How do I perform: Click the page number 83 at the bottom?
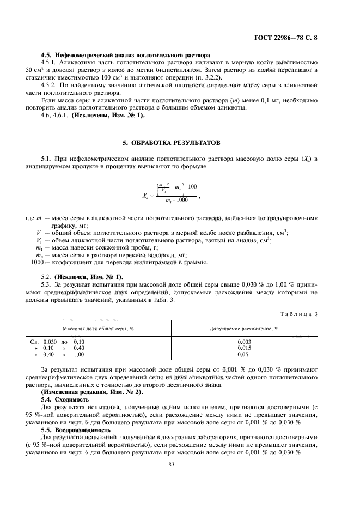(x=180, y=464)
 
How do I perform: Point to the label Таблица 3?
(x=298, y=314)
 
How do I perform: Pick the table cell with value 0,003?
(x=244, y=342)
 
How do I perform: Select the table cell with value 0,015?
(x=244, y=348)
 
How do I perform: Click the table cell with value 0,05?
(x=244, y=354)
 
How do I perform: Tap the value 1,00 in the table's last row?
(x=79, y=354)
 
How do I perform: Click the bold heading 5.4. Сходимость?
(x=66, y=399)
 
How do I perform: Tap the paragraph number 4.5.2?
(x=50, y=86)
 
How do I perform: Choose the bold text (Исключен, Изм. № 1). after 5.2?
(x=88, y=277)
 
